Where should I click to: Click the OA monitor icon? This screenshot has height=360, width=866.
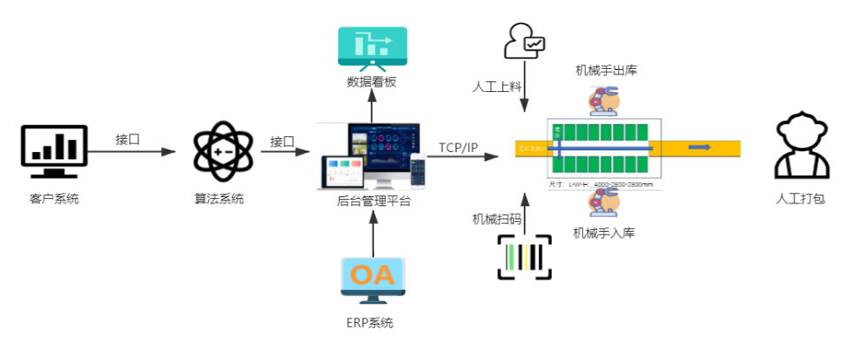point(372,280)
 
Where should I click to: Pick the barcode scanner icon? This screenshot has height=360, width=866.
point(524,257)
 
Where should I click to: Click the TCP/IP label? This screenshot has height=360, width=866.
point(457,148)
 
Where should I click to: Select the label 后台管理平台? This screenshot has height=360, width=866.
point(373,201)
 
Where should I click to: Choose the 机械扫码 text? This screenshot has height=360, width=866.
point(496,218)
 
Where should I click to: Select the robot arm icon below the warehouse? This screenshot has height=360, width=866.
point(604,203)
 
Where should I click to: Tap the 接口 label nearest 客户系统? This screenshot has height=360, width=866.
point(128,140)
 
